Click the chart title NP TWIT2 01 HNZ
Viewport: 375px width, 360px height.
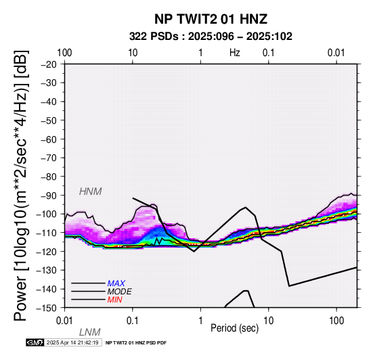click(211, 19)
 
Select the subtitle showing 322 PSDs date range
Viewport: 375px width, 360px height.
click(211, 37)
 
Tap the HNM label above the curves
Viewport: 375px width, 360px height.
click(91, 192)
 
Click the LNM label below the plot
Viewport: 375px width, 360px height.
click(89, 332)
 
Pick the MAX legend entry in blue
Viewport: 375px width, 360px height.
click(116, 284)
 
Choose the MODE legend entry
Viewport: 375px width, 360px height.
click(119, 292)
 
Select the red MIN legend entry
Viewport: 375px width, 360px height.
click(115, 300)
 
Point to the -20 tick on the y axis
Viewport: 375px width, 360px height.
click(49, 64)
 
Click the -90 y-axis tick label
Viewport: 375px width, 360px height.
click(49, 196)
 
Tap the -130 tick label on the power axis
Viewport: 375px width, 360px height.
click(46, 270)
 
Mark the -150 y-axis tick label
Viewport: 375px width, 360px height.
click(46, 308)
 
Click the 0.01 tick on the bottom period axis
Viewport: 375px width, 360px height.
click(64, 321)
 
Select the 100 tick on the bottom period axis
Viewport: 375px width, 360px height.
click(336, 321)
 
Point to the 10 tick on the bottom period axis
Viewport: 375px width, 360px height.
click(269, 321)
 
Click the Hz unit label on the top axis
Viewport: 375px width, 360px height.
click(235, 53)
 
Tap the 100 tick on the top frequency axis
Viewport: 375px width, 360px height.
click(64, 53)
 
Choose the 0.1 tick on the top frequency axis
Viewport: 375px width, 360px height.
click(269, 53)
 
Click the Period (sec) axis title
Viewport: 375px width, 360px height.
click(235, 328)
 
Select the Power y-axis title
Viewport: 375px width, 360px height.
click(21, 185)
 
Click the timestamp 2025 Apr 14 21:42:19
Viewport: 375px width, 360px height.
click(72, 343)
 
